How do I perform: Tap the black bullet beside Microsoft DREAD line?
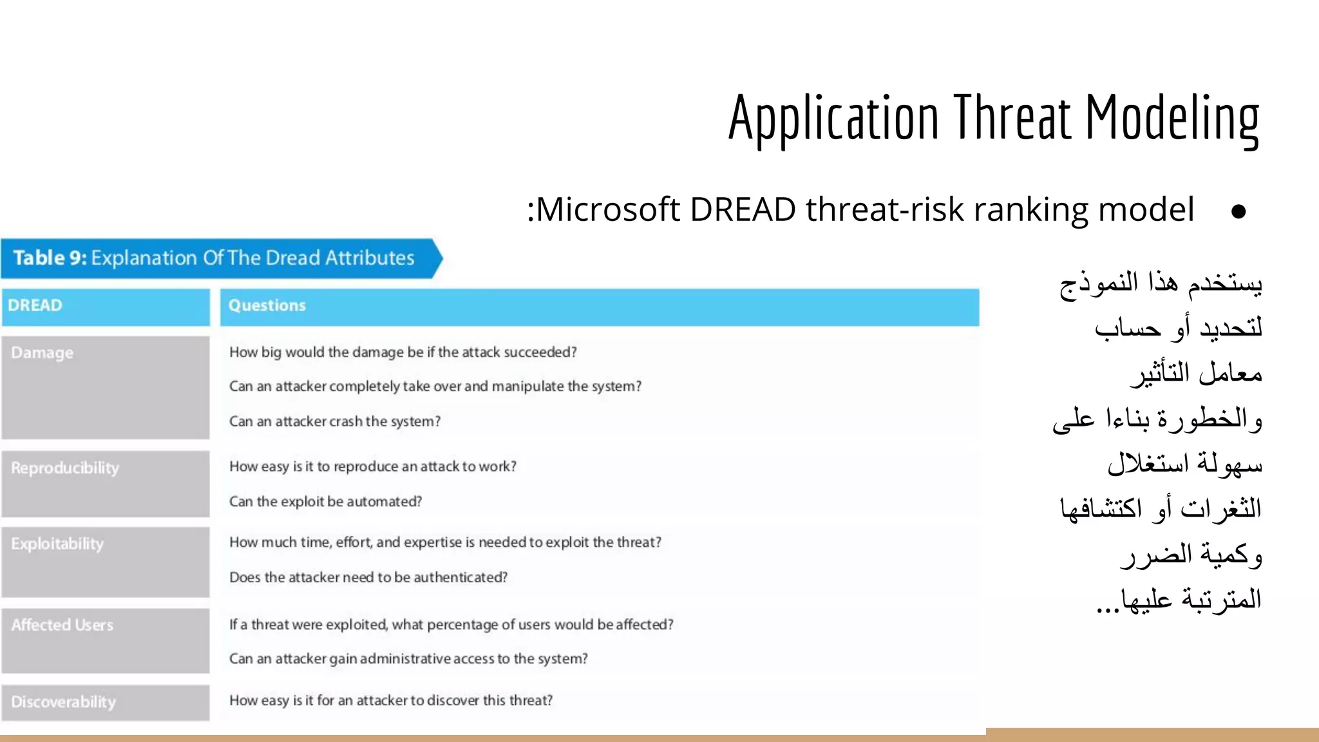click(1238, 212)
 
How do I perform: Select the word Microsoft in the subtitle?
click(608, 210)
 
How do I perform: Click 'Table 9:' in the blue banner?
click(50, 258)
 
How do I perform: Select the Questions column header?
click(267, 305)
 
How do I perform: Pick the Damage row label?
click(43, 353)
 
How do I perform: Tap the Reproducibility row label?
click(65, 468)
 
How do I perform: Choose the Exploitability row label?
click(57, 544)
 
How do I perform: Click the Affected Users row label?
click(62, 625)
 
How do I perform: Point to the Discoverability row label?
click(64, 701)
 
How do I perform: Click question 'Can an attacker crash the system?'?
click(335, 421)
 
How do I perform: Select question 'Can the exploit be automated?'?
click(325, 502)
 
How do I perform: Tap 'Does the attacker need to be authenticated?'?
click(368, 578)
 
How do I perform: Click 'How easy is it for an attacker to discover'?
click(391, 701)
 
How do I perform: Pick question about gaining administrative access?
click(408, 659)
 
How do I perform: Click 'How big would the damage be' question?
click(403, 352)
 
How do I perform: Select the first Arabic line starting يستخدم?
click(1161, 283)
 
